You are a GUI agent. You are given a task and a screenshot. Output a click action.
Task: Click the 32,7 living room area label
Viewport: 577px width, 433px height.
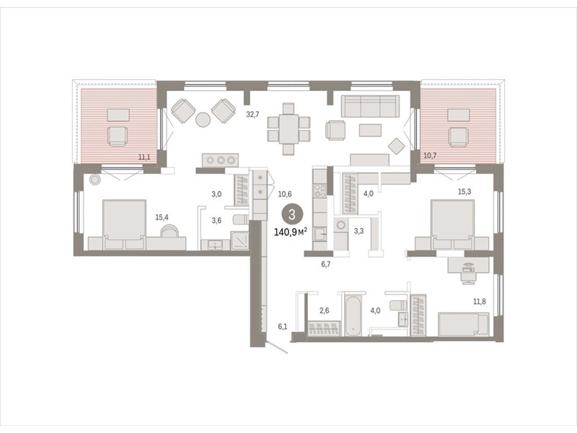(252, 114)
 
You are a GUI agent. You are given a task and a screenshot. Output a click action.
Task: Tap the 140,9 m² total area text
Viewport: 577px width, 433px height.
(291, 232)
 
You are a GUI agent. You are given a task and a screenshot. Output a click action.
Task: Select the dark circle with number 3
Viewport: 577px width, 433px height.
(292, 214)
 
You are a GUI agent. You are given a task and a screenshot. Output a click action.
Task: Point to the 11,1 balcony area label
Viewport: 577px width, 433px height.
(144, 157)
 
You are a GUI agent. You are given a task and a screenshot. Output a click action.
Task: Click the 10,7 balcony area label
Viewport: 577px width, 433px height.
(429, 155)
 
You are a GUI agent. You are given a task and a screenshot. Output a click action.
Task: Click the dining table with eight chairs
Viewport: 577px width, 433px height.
(288, 129)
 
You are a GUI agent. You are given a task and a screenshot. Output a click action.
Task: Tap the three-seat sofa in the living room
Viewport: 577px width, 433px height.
(370, 106)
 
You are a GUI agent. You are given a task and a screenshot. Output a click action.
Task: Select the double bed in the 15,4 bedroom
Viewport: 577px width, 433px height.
(124, 224)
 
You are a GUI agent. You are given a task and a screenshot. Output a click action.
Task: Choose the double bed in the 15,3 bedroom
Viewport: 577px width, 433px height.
(452, 224)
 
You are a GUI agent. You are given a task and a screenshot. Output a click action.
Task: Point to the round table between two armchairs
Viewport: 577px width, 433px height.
(203, 120)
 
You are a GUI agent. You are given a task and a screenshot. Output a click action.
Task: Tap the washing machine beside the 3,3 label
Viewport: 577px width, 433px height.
(341, 224)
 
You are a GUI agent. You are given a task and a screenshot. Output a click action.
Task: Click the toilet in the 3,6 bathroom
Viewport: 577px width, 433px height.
(241, 220)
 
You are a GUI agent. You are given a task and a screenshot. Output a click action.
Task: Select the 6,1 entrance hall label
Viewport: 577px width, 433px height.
(282, 326)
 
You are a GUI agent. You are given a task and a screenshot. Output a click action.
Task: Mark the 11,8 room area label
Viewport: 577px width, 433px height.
(479, 302)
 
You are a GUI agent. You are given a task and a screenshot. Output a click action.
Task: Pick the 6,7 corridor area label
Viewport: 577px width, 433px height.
(326, 263)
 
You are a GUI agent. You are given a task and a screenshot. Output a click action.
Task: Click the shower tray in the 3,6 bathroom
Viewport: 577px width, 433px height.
(240, 240)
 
